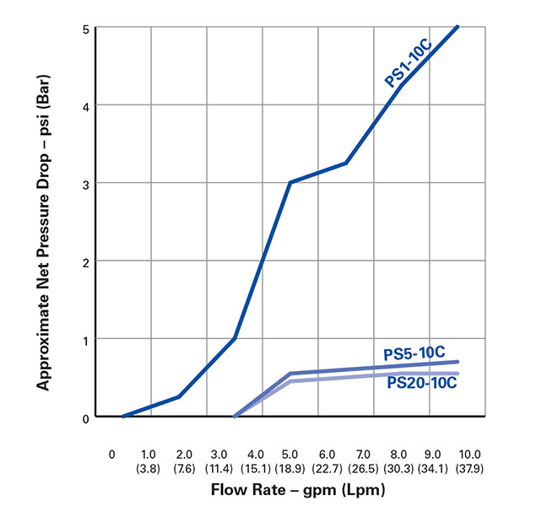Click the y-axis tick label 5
(85, 28)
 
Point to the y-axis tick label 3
(85, 183)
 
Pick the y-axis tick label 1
(85, 339)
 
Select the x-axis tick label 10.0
(469, 452)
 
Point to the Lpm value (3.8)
(149, 465)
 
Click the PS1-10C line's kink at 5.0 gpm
(290, 182)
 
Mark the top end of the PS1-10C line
(458, 27)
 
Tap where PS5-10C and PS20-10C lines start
(235, 416)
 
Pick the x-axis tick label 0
(112, 453)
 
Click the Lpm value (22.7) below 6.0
(326, 465)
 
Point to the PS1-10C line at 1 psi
(234, 338)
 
